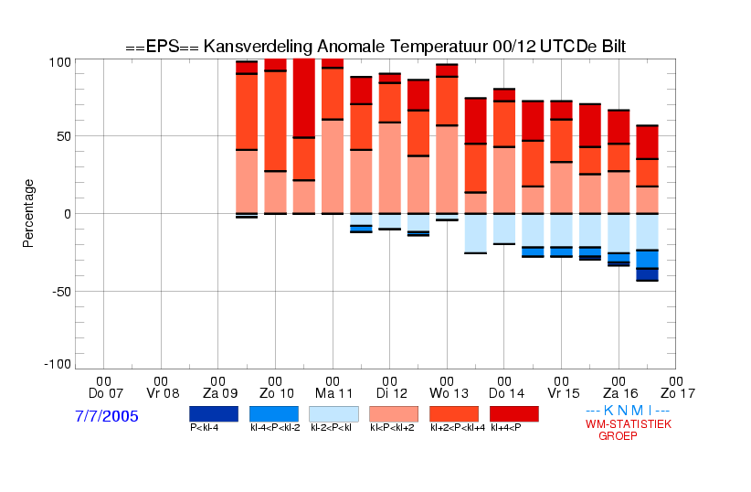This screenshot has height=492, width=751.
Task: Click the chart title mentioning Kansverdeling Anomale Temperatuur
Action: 375,47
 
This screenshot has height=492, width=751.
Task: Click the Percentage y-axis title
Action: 28,213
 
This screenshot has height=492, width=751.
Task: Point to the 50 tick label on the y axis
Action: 64,136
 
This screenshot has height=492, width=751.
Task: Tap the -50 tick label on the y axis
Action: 61,292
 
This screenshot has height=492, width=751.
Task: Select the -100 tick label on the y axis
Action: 58,365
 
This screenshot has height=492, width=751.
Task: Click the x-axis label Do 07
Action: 106,388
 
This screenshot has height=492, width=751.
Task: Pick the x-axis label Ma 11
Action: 333,388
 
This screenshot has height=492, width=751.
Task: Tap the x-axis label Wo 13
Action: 449,388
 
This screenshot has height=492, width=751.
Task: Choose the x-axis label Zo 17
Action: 677,388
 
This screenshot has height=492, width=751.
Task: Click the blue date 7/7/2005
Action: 106,416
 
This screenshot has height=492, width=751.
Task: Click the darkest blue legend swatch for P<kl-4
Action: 214,414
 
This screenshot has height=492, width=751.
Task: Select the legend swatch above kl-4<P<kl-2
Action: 274,414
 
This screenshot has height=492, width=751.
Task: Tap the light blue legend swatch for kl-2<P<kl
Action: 333,414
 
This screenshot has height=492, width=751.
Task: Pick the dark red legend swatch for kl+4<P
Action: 514,414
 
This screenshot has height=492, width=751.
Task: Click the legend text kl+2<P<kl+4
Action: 458,427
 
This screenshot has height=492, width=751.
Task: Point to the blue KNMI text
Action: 628,411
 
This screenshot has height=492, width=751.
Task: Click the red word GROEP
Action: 618,436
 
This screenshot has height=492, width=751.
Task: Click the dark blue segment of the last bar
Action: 647,274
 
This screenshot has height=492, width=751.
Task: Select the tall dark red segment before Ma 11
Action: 304,98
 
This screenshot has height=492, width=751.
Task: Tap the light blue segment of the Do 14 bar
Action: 504,229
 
